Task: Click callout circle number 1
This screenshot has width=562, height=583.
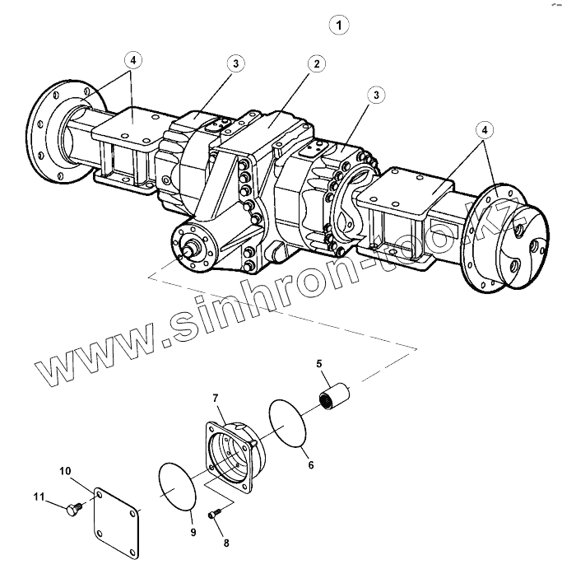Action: click(x=338, y=25)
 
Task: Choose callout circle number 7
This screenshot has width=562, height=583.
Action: click(x=216, y=399)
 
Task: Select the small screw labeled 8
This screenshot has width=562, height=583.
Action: click(x=214, y=514)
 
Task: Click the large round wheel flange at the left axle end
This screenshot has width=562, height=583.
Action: click(x=57, y=135)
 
